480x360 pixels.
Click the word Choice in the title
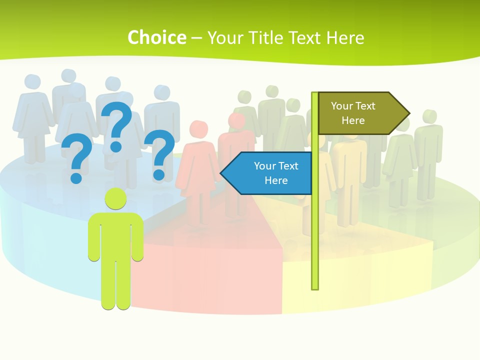(x=156, y=37)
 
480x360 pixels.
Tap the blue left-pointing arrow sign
(x=270, y=173)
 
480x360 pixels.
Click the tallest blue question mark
(x=117, y=126)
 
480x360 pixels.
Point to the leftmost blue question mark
(x=76, y=159)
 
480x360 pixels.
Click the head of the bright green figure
(x=115, y=198)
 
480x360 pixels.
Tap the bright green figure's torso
(x=115, y=235)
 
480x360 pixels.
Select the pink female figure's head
(x=199, y=129)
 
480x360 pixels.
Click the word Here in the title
(x=345, y=37)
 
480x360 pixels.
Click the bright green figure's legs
(x=115, y=285)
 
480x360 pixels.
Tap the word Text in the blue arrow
(x=288, y=166)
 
